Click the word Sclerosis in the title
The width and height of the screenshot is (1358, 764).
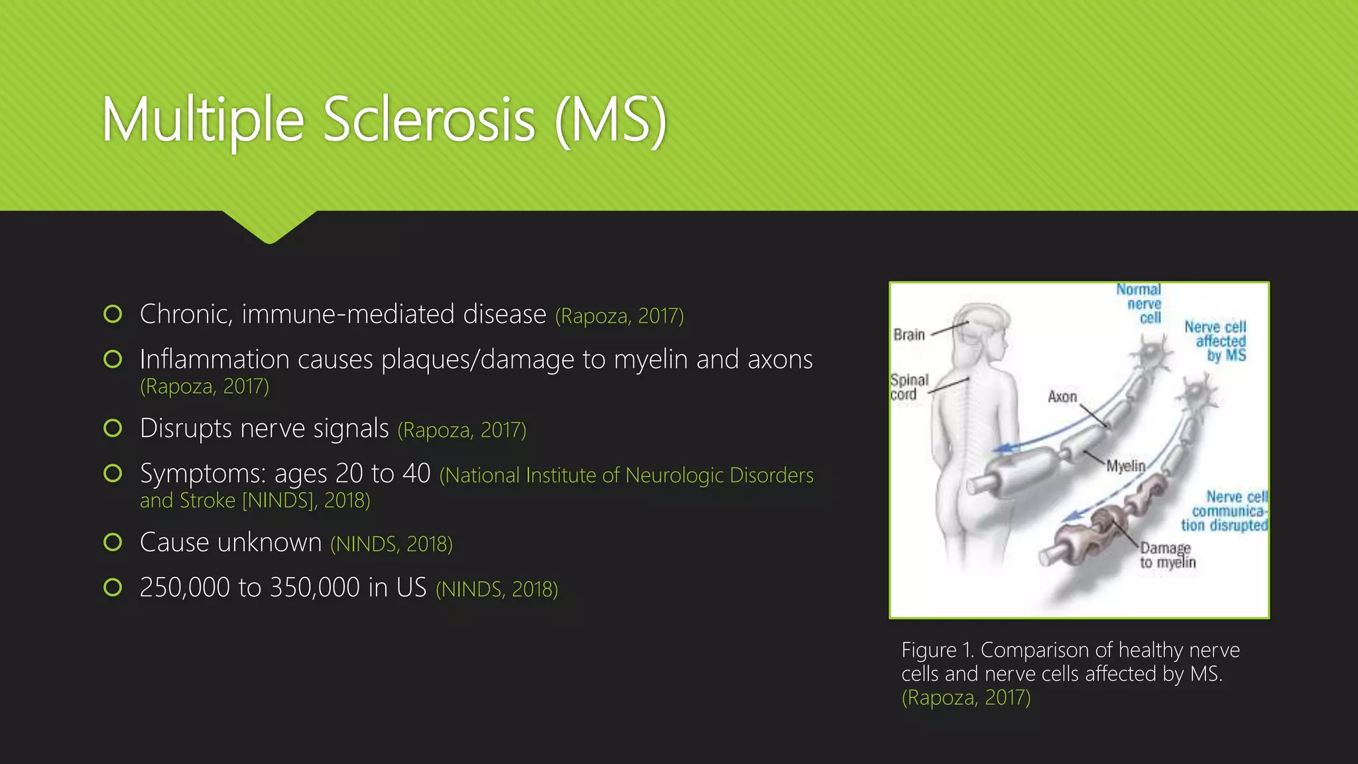point(429,120)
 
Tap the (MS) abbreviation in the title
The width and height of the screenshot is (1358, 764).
point(610,120)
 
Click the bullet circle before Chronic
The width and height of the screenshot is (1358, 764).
point(113,314)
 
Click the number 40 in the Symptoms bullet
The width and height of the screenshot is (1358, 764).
point(416,474)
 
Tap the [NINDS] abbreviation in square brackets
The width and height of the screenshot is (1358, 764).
point(278,500)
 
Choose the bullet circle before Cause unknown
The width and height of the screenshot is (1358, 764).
point(113,542)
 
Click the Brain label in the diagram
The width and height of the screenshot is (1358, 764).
point(909,335)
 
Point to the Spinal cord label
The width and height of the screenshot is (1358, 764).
point(908,387)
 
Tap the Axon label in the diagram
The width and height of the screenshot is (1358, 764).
point(1062,397)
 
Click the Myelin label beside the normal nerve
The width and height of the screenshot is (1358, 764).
point(1125,466)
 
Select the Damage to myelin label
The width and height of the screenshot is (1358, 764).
point(1167,555)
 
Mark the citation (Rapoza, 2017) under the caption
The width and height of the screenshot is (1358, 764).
point(966,698)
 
